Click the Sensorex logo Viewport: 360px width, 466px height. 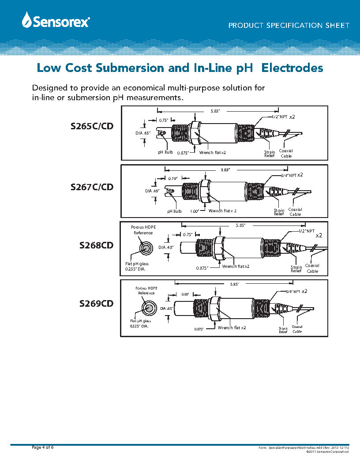[55, 20]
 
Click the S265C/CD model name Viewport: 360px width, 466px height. [92, 127]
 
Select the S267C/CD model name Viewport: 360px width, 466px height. [92, 187]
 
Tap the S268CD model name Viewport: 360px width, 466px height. [96, 245]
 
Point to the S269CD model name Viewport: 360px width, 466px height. [96, 304]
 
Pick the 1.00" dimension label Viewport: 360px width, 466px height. [195, 211]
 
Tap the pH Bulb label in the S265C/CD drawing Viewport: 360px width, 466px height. [165, 152]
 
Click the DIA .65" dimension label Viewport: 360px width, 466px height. [165, 308]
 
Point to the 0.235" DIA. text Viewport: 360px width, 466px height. [135, 269]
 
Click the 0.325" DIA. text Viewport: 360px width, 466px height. [139, 326]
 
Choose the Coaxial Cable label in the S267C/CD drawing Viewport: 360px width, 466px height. [295, 212]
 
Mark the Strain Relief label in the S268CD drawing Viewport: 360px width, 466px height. [296, 269]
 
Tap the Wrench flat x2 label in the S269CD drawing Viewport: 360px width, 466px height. [232, 328]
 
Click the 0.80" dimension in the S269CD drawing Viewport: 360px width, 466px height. [186, 294]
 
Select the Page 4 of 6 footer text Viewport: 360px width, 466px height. [43, 447]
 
